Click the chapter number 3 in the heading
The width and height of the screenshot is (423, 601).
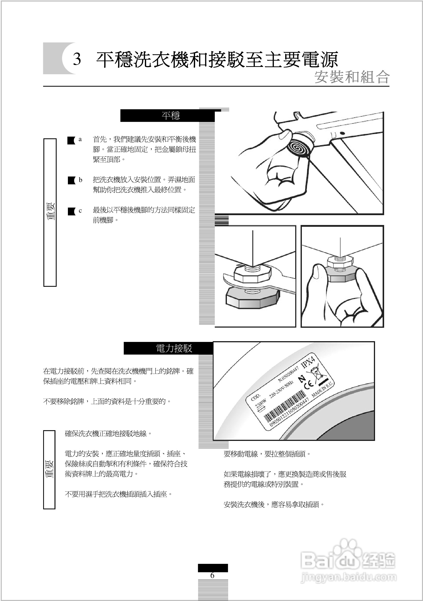(x=77, y=59)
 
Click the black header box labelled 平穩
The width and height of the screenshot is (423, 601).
(x=167, y=115)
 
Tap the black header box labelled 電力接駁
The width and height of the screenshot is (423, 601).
(x=168, y=348)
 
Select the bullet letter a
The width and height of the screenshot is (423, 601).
(x=80, y=139)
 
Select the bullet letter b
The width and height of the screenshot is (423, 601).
(x=80, y=180)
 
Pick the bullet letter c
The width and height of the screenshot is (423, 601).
(x=80, y=211)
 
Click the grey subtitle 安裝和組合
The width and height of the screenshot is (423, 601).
(x=352, y=77)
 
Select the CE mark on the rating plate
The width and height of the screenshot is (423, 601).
(x=309, y=384)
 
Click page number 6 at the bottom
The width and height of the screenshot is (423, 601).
(x=212, y=575)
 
